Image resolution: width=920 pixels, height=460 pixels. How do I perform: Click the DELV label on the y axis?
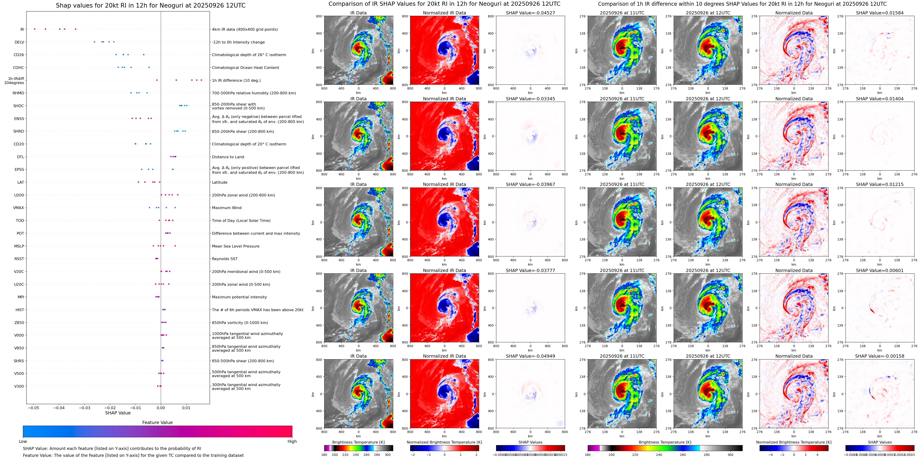[x=19, y=42]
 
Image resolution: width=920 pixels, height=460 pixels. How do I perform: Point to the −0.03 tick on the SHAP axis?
[x=85, y=408]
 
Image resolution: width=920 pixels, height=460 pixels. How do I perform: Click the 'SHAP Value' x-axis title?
[x=118, y=413]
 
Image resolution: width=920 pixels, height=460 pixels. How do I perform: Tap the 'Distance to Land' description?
[x=228, y=157]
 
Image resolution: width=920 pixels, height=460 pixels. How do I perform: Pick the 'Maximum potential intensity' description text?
[x=239, y=297]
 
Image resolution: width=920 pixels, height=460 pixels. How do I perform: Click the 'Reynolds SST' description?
[x=225, y=259]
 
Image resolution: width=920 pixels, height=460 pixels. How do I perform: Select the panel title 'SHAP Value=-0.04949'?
[x=530, y=356]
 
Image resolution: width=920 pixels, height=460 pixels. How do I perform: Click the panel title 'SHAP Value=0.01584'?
[x=880, y=13]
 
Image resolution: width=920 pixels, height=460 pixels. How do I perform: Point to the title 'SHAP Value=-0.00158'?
[x=880, y=356]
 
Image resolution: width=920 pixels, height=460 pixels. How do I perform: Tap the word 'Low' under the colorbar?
[x=23, y=441]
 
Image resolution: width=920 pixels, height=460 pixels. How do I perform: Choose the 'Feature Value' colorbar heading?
[x=157, y=422]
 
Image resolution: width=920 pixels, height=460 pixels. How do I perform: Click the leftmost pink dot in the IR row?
[x=35, y=29]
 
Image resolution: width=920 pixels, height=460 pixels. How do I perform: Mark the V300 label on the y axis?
[x=19, y=386]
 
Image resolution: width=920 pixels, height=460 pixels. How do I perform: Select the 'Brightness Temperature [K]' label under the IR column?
[x=358, y=442]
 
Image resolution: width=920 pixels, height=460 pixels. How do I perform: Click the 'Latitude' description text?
[x=220, y=182]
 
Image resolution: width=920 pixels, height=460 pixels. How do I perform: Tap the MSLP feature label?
[x=19, y=246]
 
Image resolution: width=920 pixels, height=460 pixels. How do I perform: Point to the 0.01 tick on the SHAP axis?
[x=186, y=408]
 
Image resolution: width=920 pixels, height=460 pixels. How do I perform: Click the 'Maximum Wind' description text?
[x=226, y=208]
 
